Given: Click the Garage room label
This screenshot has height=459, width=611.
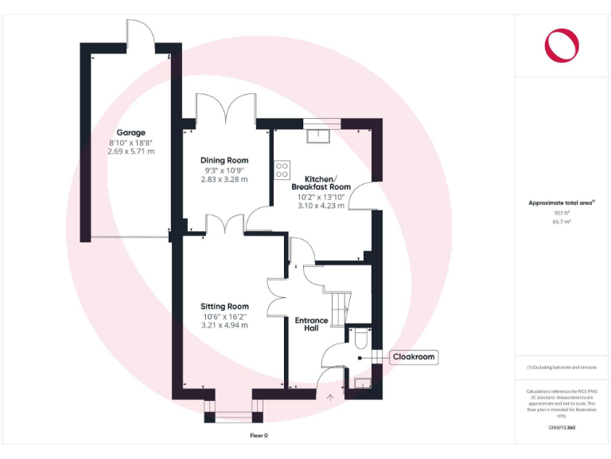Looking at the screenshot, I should [x=131, y=132].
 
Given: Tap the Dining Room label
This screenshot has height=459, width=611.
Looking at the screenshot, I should [x=224, y=160].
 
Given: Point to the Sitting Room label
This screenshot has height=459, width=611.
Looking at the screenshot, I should [x=224, y=306].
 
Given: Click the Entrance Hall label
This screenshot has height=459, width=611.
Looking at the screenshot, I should [x=312, y=324].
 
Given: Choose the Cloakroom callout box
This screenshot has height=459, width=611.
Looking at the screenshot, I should [x=414, y=357].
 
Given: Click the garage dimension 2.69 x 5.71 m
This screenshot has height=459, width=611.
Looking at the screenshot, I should [x=131, y=151].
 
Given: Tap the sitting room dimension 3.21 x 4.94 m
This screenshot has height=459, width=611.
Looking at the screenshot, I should [x=224, y=325].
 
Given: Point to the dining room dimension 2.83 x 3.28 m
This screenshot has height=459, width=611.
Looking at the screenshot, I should [x=224, y=179].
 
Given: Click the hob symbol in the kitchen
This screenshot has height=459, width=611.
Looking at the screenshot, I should [x=282, y=168].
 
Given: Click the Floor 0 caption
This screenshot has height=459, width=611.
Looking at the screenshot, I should [x=259, y=436].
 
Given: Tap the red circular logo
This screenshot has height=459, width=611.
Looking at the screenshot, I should [x=562, y=45].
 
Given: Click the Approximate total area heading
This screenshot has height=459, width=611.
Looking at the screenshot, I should [x=562, y=203].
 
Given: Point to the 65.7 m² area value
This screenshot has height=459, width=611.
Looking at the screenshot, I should [x=562, y=222].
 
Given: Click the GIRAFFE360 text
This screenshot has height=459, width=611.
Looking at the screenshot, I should [x=562, y=428].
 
